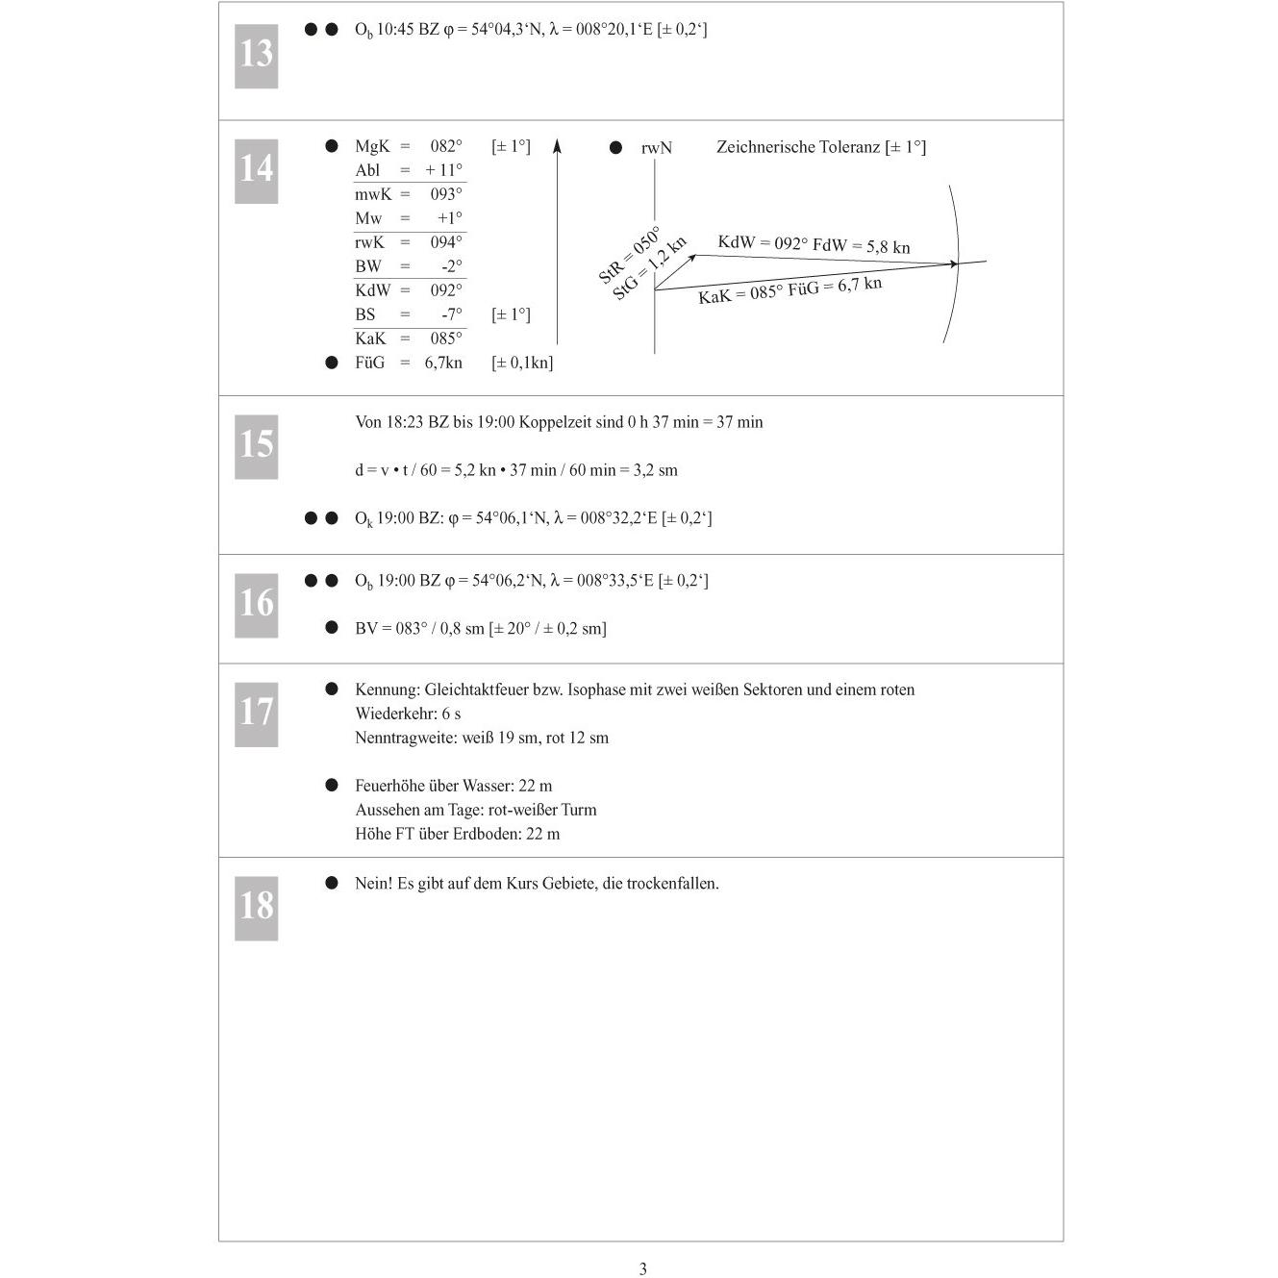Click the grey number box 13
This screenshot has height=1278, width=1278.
[x=256, y=56]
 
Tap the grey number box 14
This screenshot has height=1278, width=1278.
[x=256, y=171]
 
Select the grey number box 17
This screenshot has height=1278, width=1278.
[x=256, y=714]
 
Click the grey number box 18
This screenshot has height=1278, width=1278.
[x=256, y=908]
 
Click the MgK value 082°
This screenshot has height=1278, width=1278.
[x=445, y=146]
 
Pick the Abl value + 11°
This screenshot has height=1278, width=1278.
[x=443, y=170]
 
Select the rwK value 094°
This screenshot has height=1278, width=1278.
[x=445, y=242]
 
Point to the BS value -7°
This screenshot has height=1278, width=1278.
[x=451, y=313]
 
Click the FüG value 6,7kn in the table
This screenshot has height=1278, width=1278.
[x=443, y=363]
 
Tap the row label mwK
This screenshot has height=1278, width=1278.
[x=373, y=194]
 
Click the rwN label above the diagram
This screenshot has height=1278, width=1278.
[x=656, y=148]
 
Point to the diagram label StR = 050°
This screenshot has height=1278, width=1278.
[x=629, y=256]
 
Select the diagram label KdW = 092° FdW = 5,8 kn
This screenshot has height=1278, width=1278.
[x=814, y=244]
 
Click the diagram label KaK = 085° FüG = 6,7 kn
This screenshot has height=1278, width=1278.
[x=789, y=289]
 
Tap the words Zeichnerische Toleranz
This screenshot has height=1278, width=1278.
[x=798, y=146]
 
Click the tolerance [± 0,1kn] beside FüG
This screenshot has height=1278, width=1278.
[x=522, y=363]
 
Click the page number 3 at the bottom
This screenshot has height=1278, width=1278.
[x=642, y=1268]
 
